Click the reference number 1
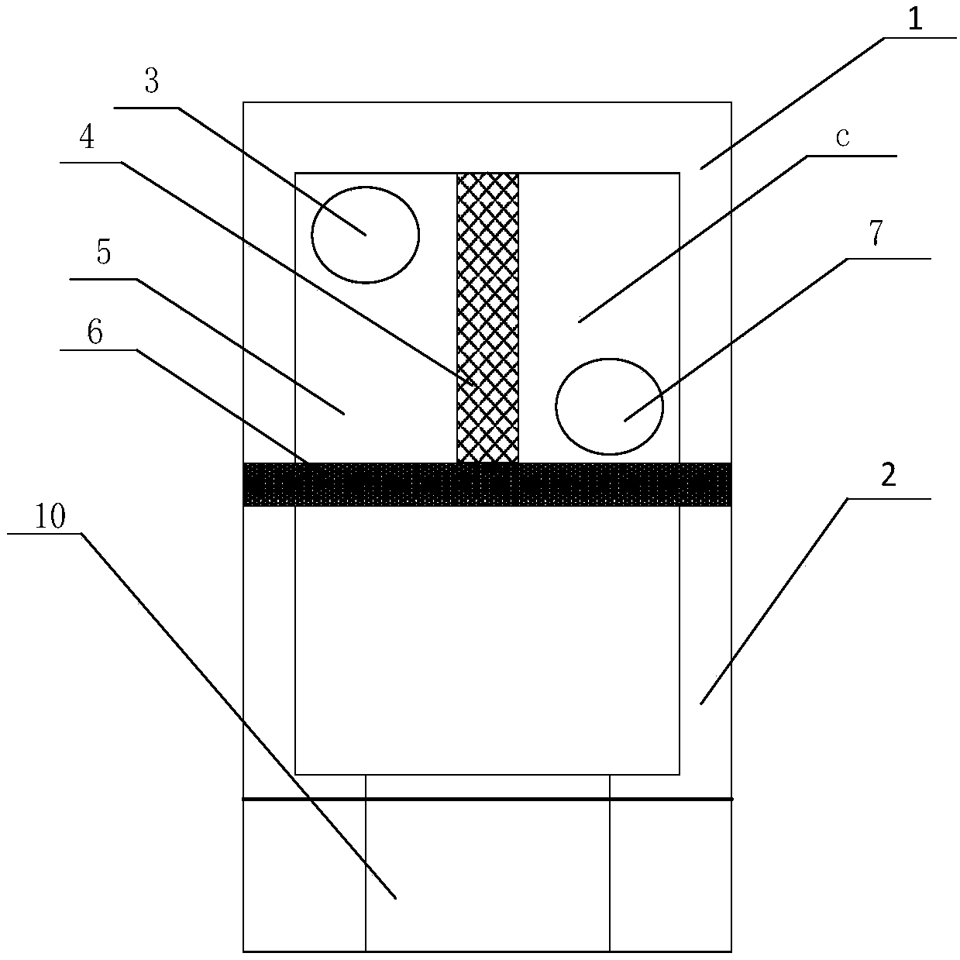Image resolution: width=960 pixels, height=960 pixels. [x=914, y=19]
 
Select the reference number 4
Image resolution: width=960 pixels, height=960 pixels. [x=87, y=138]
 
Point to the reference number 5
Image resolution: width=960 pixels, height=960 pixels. [x=103, y=252]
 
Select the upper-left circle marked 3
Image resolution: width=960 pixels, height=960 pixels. [x=365, y=234]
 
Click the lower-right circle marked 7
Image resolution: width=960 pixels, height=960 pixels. [x=609, y=406]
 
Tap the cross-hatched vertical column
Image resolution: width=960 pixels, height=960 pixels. [x=487, y=318]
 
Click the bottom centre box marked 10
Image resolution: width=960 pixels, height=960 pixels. [x=487, y=875]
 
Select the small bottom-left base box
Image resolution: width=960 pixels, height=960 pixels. [x=304, y=875]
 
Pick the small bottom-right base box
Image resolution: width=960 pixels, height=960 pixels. [x=670, y=875]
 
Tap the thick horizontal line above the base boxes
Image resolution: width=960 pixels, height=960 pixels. [x=487, y=798]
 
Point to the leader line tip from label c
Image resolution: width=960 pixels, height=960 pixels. [x=578, y=322]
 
